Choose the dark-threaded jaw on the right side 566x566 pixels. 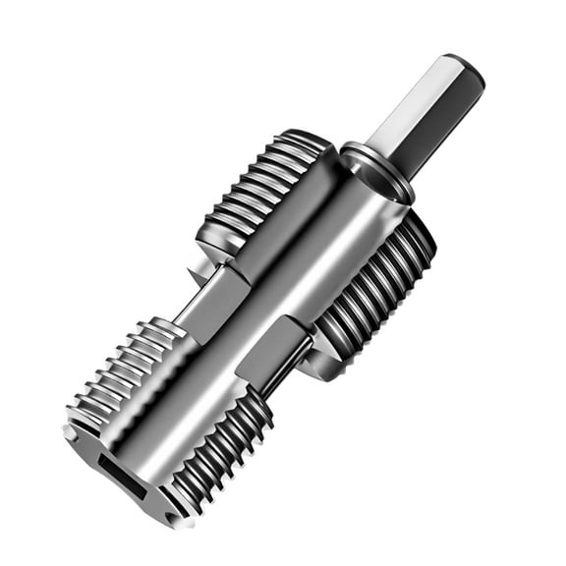378,285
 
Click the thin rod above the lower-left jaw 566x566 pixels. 193,305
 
